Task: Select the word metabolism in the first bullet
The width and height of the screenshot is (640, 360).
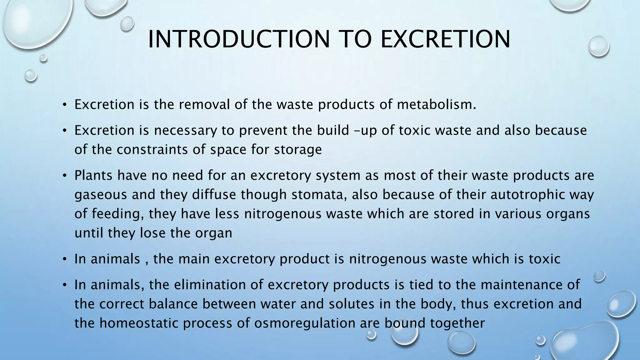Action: click(436, 104)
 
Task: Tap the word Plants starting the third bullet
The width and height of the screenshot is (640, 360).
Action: click(93, 175)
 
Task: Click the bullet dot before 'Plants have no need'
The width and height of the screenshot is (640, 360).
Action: click(64, 176)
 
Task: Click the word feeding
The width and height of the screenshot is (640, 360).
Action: click(117, 214)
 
